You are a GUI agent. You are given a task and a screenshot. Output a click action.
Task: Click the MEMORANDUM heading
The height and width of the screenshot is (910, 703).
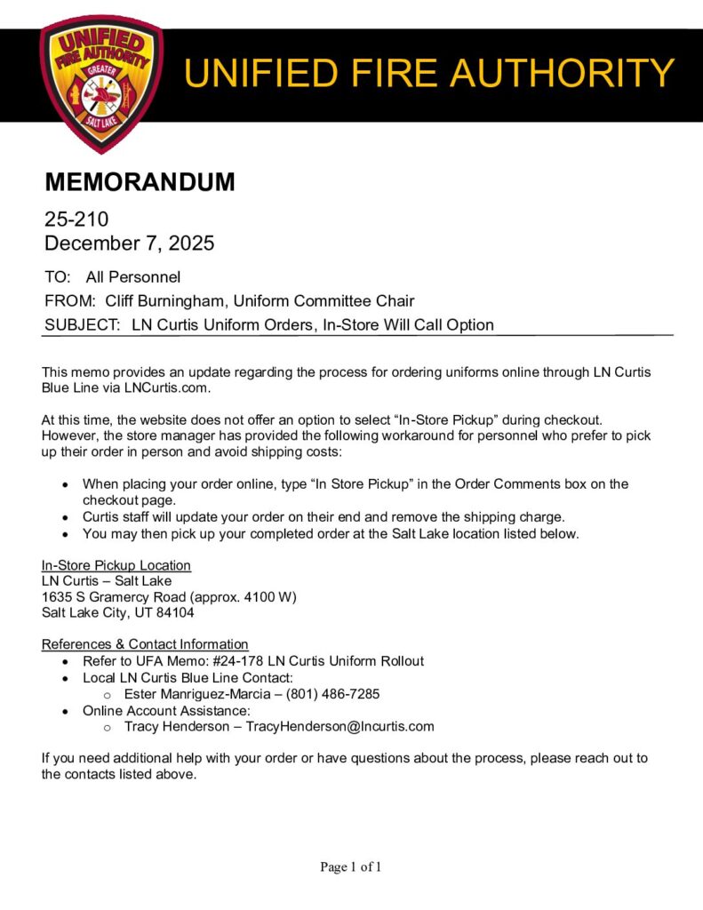tap(140, 182)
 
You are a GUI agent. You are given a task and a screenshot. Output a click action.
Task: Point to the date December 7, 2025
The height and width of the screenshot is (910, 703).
tap(129, 243)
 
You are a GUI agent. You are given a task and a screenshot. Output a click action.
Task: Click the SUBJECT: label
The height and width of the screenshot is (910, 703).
tap(83, 325)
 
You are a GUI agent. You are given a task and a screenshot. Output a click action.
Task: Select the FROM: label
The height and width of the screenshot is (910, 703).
tap(69, 301)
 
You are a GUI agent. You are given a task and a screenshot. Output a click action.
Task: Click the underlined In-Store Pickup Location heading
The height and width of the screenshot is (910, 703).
tap(116, 565)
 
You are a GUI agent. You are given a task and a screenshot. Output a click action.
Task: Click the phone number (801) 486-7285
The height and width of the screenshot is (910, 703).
tap(332, 694)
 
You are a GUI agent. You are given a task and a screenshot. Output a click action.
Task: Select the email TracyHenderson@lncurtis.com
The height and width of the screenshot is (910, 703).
tap(340, 727)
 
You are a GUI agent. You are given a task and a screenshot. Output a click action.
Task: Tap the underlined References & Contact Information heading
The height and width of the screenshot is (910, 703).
tap(144, 644)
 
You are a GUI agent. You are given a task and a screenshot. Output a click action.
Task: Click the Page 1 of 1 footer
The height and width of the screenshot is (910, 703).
tap(350, 867)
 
